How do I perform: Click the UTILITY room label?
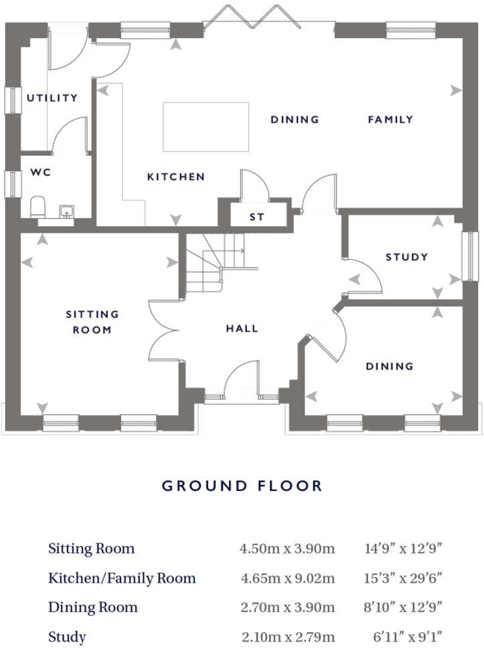coord(52,98)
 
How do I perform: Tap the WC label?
coord(40,172)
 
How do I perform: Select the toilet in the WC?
coord(38,207)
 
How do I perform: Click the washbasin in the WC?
coord(66,212)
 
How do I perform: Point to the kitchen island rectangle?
coord(206,126)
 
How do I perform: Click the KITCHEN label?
coord(176,177)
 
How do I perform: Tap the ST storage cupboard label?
coord(257,217)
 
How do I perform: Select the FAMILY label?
coord(390,119)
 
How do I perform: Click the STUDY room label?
coord(406,257)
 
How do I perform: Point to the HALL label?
coord(242,329)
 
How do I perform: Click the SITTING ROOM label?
coord(92,322)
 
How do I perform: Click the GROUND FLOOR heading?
coord(242,486)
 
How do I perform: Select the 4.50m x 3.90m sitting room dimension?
coord(287,549)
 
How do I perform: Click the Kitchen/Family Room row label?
coord(122,578)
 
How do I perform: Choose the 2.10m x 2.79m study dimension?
coord(288,637)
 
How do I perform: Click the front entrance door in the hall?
coord(241,381)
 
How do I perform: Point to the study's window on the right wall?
coord(473,256)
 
